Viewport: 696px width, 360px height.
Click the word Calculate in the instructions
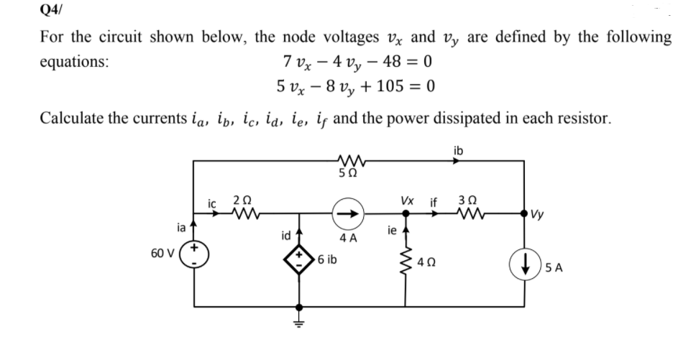pyautogui.click(x=69, y=117)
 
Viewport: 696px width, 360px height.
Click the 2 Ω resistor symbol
pyautogui.click(x=247, y=213)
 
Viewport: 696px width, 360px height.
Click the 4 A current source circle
pyautogui.click(x=346, y=213)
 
